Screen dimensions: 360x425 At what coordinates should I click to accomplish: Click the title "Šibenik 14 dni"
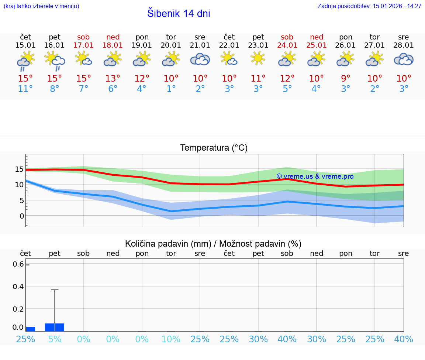pyautogui.click(x=179, y=14)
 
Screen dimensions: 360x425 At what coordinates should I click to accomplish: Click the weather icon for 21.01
pyautogui.click(x=200, y=59)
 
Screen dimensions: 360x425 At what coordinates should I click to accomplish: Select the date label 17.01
pyautogui.click(x=84, y=45)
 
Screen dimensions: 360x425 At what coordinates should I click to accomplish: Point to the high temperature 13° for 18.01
pyautogui.click(x=113, y=79)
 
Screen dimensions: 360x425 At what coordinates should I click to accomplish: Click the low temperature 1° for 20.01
pyautogui.click(x=171, y=89)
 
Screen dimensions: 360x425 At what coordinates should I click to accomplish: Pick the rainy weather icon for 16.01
pyautogui.click(x=55, y=60)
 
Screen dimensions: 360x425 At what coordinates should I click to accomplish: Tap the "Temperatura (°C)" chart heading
pyautogui.click(x=214, y=148)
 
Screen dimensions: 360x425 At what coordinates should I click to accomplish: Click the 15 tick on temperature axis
pyautogui.click(x=20, y=169)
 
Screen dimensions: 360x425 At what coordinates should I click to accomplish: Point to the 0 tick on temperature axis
pyautogui.click(x=22, y=216)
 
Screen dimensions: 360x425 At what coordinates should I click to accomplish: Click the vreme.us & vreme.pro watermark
pyautogui.click(x=315, y=176)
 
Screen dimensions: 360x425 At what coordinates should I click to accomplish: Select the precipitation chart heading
pyautogui.click(x=213, y=244)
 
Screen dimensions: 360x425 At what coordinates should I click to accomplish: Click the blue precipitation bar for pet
pyautogui.click(x=55, y=328)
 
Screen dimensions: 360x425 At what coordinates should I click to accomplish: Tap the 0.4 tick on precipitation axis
pyautogui.click(x=19, y=287)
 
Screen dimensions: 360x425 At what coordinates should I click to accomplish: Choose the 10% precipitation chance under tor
pyautogui.click(x=171, y=339)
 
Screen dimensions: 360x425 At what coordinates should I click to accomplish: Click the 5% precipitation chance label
pyautogui.click(x=55, y=339)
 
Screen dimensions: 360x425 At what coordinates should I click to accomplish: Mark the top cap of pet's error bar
pyautogui.click(x=55, y=290)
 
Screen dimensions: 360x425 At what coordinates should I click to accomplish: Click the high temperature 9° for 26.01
pyautogui.click(x=345, y=79)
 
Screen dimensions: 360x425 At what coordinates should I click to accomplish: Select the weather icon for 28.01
pyautogui.click(x=404, y=59)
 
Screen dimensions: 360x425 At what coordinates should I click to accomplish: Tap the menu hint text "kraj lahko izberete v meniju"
pyautogui.click(x=41, y=6)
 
